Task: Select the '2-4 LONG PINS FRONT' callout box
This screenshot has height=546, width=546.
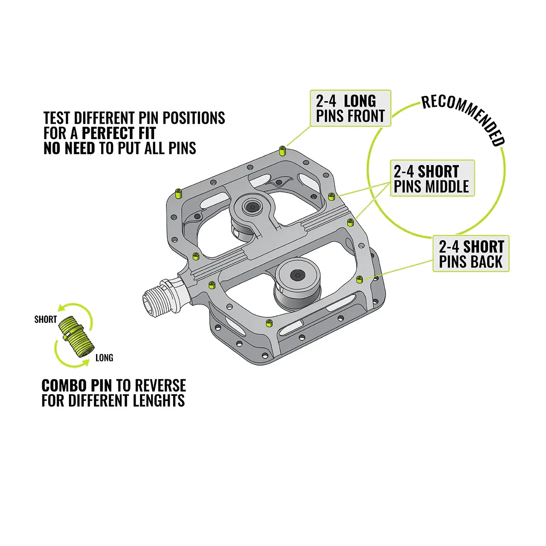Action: point(351,108)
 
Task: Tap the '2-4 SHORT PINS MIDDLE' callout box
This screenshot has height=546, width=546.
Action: point(432,178)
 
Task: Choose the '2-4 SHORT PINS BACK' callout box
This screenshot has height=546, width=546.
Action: point(471,253)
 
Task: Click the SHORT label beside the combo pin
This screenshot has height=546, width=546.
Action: point(46,319)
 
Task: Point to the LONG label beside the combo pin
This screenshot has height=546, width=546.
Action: point(104,358)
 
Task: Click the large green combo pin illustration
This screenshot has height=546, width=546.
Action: point(76,337)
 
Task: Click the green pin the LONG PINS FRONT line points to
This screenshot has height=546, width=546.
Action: point(282,151)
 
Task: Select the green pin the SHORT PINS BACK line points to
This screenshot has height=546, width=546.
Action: point(360,279)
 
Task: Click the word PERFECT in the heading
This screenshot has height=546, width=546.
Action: point(119,133)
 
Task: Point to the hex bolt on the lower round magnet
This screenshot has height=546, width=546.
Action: point(297,275)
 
